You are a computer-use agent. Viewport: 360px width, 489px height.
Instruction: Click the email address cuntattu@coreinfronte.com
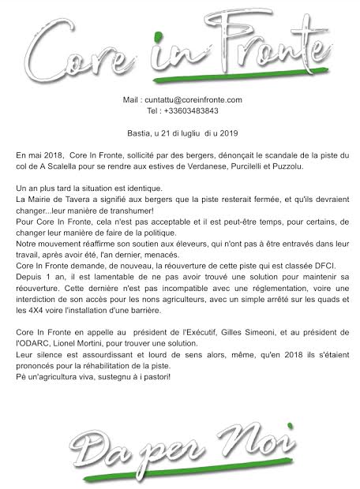192,100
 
